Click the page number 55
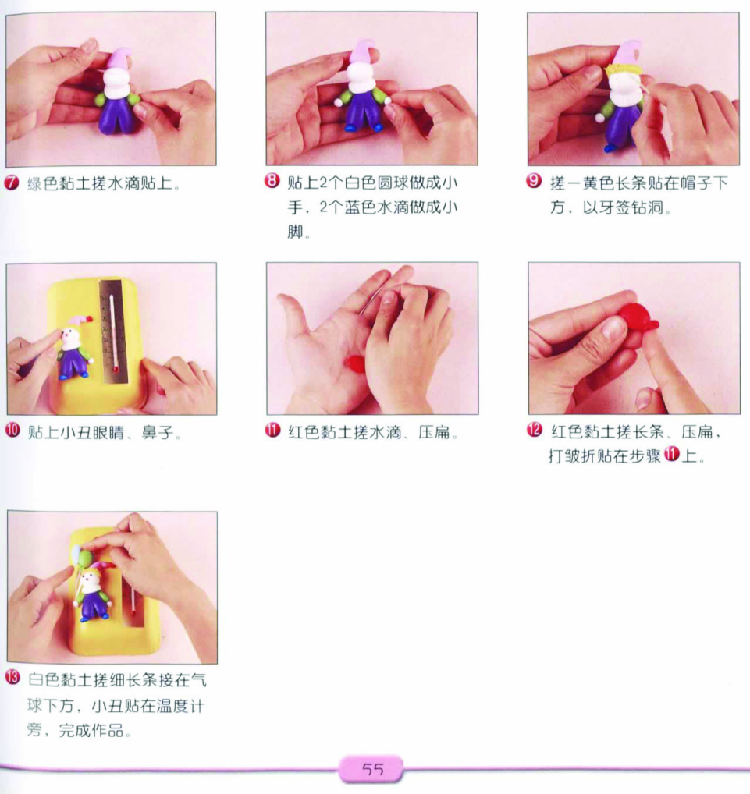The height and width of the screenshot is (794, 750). [x=373, y=770]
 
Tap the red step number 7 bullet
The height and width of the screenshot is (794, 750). [x=11, y=183]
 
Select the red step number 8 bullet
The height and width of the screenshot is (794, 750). [x=272, y=181]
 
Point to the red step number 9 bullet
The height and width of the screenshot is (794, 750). [x=534, y=181]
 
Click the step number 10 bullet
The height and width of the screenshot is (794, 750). [x=12, y=431]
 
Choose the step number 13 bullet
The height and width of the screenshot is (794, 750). [x=12, y=678]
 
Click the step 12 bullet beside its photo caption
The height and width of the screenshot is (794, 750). [x=535, y=431]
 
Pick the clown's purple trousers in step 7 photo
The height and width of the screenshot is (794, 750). [x=117, y=115]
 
